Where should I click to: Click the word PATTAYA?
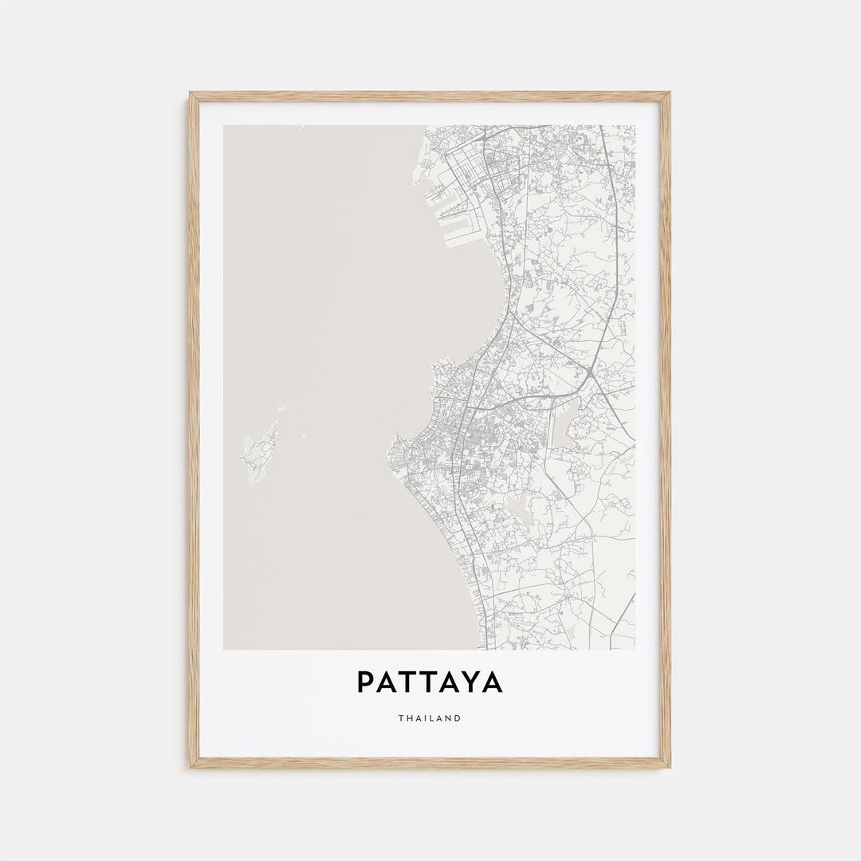(x=430, y=682)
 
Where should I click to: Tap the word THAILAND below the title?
(x=430, y=718)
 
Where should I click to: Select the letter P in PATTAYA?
(x=365, y=682)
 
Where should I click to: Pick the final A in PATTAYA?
(x=493, y=682)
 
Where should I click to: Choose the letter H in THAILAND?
(x=411, y=718)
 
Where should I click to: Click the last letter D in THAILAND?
(x=458, y=718)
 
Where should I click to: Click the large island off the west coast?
(x=260, y=453)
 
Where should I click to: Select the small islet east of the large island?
(x=303, y=435)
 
